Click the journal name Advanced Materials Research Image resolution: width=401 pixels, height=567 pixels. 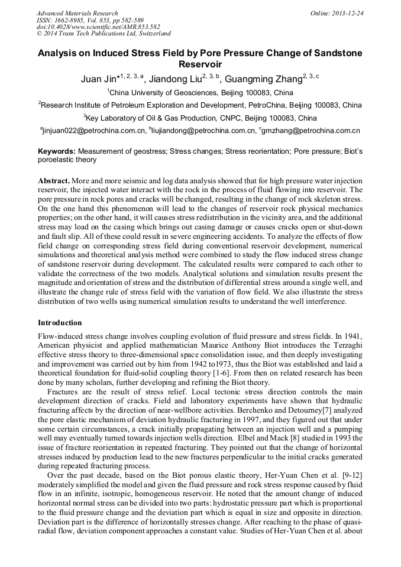point(77,13)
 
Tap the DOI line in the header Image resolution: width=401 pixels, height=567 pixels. point(98,27)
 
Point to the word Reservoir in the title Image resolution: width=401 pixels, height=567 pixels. point(200,64)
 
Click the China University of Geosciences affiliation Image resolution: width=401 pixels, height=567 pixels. point(200,93)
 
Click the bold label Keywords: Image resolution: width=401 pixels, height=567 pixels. point(57,151)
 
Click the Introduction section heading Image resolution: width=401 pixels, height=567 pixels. point(60,323)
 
